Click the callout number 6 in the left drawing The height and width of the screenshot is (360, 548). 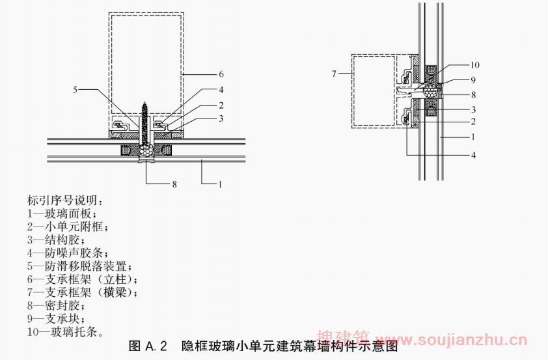click(221, 74)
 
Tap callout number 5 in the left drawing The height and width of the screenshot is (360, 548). click(75, 89)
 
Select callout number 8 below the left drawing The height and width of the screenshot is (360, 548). click(174, 184)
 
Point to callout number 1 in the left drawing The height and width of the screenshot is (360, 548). click(221, 184)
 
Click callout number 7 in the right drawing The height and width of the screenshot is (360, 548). click(335, 74)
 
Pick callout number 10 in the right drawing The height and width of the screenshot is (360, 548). click(475, 65)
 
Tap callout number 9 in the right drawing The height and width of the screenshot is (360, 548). click(474, 80)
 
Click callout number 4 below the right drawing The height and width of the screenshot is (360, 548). click(474, 156)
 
